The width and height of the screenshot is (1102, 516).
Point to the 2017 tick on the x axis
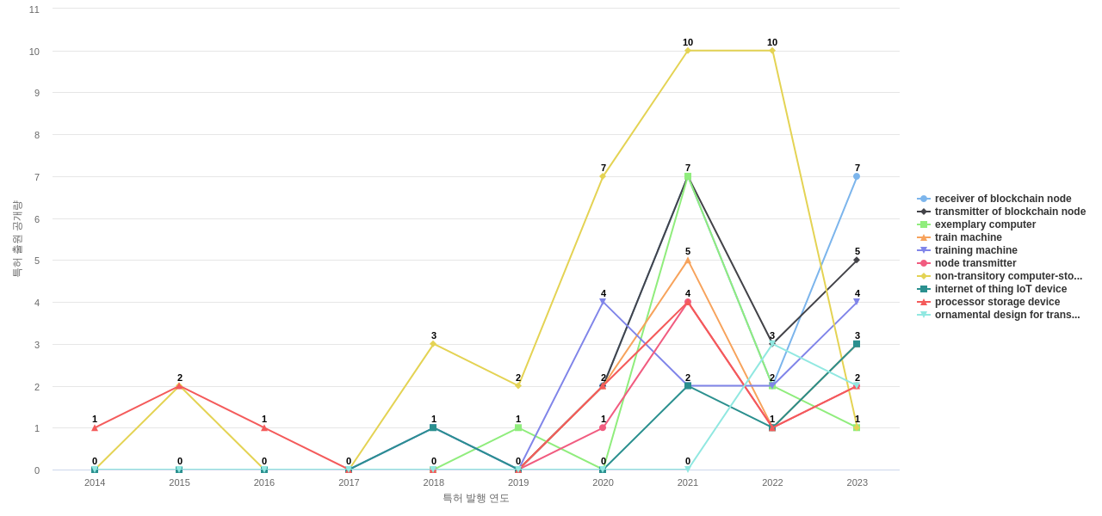pos(349,482)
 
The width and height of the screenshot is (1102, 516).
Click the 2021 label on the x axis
pos(688,482)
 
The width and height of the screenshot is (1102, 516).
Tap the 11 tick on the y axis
pos(34,9)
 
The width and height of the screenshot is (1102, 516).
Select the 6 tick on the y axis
pos(34,218)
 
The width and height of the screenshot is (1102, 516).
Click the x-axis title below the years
pos(476,498)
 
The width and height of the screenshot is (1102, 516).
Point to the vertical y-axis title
pos(16,239)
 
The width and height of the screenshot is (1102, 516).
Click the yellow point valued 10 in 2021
pos(688,51)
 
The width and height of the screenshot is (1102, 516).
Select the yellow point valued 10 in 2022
pos(772,51)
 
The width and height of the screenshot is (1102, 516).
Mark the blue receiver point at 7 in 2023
pos(857,176)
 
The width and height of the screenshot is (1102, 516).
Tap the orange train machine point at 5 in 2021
pos(688,261)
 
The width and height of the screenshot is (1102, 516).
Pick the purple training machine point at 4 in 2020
pos(603,302)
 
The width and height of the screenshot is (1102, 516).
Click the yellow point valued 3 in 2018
pos(433,344)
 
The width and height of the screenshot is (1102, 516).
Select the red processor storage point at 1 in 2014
pos(95,427)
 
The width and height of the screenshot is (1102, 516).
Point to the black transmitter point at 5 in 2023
pos(857,260)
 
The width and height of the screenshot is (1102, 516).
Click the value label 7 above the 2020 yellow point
pos(604,168)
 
